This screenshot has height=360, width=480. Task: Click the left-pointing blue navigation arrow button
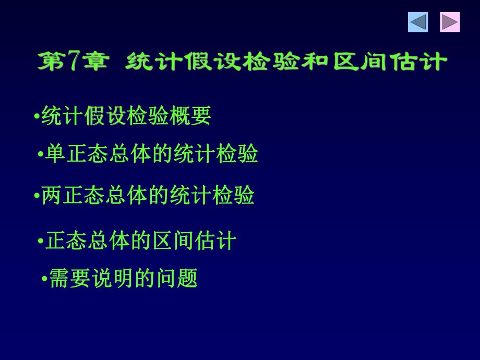point(418,22)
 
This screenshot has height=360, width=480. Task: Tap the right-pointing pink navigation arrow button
point(449,22)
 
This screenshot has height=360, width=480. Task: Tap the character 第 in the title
point(50,62)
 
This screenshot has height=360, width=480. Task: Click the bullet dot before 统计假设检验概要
point(37,116)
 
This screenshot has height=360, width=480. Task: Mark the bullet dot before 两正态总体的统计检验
point(37,196)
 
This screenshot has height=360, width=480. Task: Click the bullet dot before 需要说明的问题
point(44,279)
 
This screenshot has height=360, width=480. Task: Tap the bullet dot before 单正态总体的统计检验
point(41,154)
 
